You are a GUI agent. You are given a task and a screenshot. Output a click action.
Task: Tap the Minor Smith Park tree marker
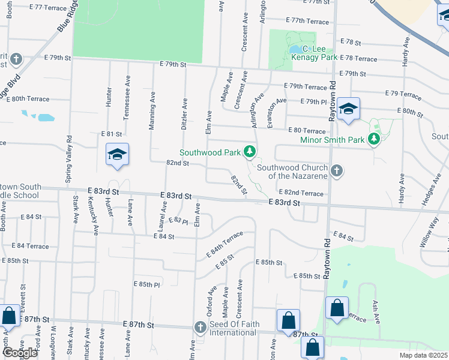click(375, 140)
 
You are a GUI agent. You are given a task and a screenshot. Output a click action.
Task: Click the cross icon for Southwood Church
click(336, 171)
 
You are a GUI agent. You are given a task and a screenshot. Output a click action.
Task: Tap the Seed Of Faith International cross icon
click(200, 327)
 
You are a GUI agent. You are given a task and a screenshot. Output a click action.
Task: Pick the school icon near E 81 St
click(118, 155)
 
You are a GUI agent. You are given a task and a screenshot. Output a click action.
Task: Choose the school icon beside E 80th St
click(348, 109)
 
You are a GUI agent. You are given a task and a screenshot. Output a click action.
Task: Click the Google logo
click(19, 353)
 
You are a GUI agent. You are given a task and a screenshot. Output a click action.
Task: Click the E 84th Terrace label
click(225, 243)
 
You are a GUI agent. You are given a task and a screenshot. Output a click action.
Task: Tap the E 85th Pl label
click(146, 284)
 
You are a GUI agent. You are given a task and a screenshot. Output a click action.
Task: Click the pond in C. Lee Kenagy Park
click(295, 49)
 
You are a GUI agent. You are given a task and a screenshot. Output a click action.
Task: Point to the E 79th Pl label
click(316, 101)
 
